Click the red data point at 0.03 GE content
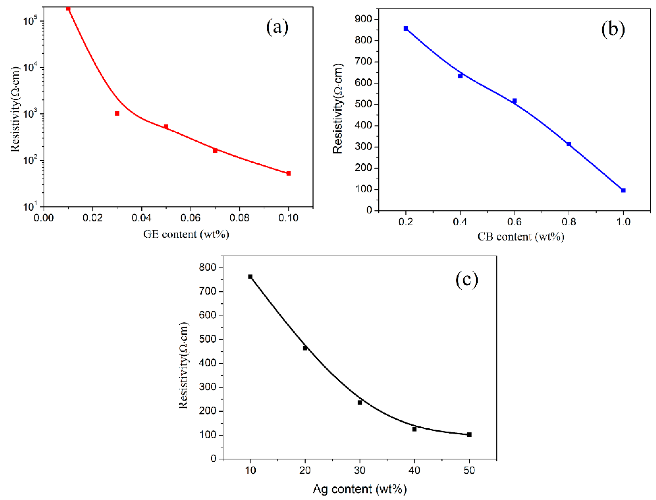pos(117,114)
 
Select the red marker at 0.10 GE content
pos(288,174)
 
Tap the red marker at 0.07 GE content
pos(215,151)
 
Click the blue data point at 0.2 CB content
pos(406,29)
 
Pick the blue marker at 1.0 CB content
pos(624,190)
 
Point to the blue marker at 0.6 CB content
pos(515,101)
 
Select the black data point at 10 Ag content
pos(250,276)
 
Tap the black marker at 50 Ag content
pos(469,434)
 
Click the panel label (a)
pos(277,27)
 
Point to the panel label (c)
pos(466,280)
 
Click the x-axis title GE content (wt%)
pos(186,235)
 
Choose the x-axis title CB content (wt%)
pos(521,237)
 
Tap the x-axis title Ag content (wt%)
pos(359,489)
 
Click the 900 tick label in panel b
pos(363,19)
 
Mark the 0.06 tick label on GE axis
pos(191,218)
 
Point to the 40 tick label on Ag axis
pos(414,470)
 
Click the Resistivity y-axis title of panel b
pos(338,109)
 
